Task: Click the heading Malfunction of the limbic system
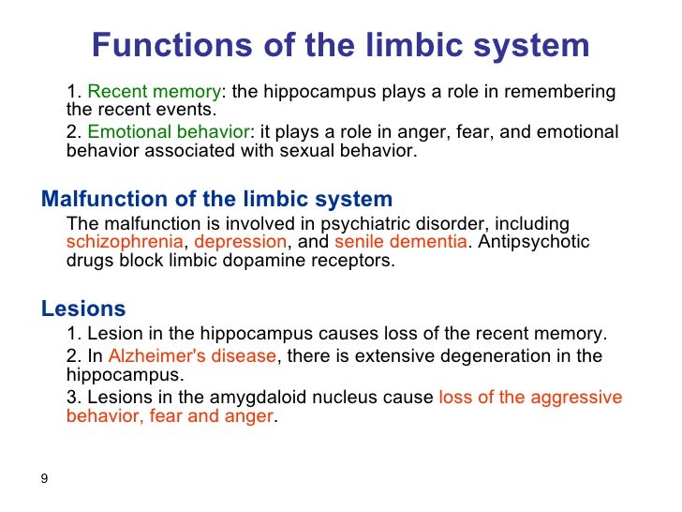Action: (216, 199)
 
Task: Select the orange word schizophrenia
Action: (125, 242)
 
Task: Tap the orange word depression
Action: (241, 242)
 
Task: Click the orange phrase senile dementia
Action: (400, 242)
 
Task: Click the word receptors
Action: (358, 261)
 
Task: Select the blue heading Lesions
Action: (83, 309)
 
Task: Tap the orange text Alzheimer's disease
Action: (193, 356)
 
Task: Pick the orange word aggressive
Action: (580, 397)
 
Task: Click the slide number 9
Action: (44, 479)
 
